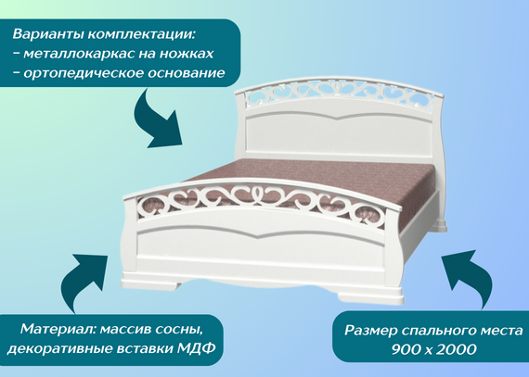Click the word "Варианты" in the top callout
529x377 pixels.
coord(48,34)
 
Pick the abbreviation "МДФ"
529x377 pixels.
coord(197,348)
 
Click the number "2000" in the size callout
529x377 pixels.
coord(457,350)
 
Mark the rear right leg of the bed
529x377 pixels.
coord(441,225)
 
